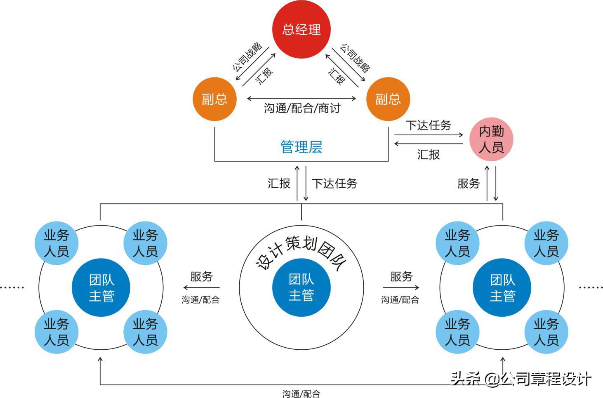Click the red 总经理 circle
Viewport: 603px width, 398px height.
tap(301, 30)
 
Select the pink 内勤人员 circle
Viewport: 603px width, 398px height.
tap(491, 139)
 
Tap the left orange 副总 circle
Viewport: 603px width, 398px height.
tap(214, 99)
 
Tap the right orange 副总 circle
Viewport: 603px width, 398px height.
tap(388, 99)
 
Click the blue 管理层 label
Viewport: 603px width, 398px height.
tap(301, 147)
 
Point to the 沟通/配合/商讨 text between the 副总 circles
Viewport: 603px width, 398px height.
tap(302, 108)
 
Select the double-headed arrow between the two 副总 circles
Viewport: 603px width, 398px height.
tap(301, 99)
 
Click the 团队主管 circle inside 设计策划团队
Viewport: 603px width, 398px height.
tap(301, 287)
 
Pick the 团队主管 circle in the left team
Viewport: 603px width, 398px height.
tap(101, 288)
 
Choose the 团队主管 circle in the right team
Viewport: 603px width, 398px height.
tap(502, 288)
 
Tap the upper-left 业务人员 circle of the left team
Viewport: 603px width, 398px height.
tap(57, 243)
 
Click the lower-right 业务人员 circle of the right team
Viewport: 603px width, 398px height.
tap(546, 332)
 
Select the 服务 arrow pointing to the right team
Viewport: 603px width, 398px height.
tap(401, 287)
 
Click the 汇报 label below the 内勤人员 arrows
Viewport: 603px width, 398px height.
tap(429, 154)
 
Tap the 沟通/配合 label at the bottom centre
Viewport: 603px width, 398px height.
tap(301, 394)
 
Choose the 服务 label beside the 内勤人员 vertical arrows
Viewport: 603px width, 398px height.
tap(469, 184)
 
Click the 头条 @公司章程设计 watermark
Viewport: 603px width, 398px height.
tap(521, 378)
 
